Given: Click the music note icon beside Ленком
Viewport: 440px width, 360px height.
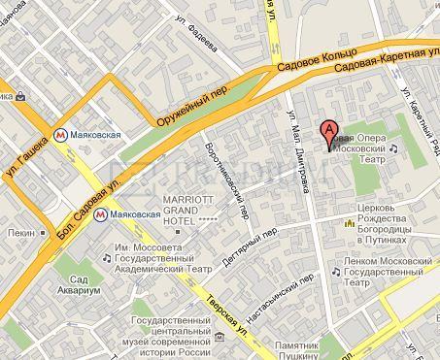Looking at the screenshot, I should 335,275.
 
